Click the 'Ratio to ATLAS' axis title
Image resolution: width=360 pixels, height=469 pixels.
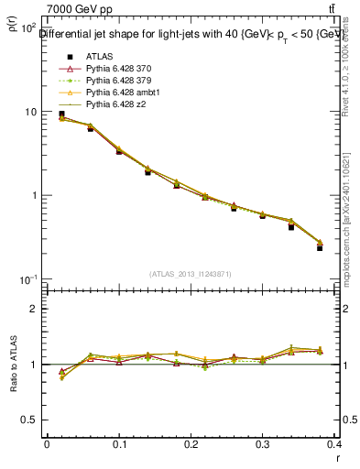pyautogui.click(x=14, y=365)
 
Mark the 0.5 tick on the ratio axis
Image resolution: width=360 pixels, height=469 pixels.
pyautogui.click(x=29, y=420)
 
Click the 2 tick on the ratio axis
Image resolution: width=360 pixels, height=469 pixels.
pyautogui.click(x=33, y=309)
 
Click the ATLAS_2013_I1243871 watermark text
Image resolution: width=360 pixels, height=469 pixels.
pyautogui.click(x=190, y=275)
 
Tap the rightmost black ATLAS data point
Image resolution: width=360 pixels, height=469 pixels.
pyautogui.click(x=320, y=247)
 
